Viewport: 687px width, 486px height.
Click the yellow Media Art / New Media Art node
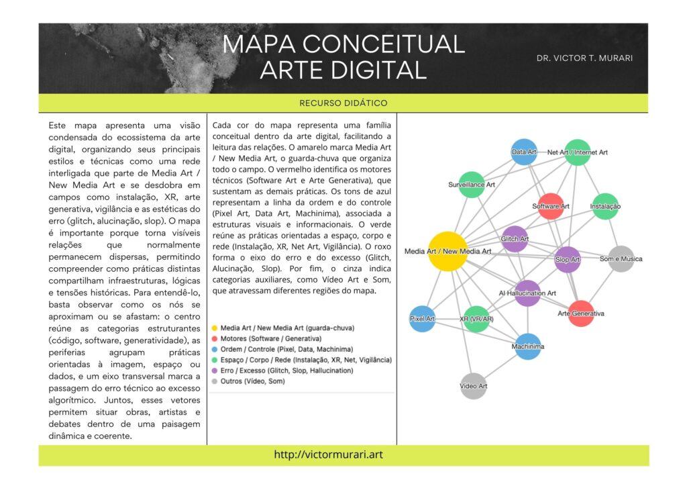447,252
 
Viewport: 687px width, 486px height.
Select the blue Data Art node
524,152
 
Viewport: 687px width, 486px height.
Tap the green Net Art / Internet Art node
577,152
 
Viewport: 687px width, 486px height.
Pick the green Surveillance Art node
472,185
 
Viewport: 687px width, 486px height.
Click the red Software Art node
551,206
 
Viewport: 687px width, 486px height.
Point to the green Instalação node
605,206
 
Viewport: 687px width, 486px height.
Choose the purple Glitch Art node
515,239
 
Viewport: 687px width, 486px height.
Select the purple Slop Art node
568,259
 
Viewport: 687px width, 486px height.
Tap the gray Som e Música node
621,259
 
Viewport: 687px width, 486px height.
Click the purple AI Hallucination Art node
528,293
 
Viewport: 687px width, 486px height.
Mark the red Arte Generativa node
581,313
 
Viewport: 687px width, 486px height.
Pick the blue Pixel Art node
423,318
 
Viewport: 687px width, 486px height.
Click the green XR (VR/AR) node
477,319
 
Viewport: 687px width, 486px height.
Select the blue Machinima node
528,346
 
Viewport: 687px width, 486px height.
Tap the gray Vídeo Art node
474,386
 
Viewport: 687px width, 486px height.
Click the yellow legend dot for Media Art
214,328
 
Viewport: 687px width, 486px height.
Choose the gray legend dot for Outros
214,381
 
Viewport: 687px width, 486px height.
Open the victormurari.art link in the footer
328,454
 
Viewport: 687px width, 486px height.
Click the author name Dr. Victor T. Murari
584,58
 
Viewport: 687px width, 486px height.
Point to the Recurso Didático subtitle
343,103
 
